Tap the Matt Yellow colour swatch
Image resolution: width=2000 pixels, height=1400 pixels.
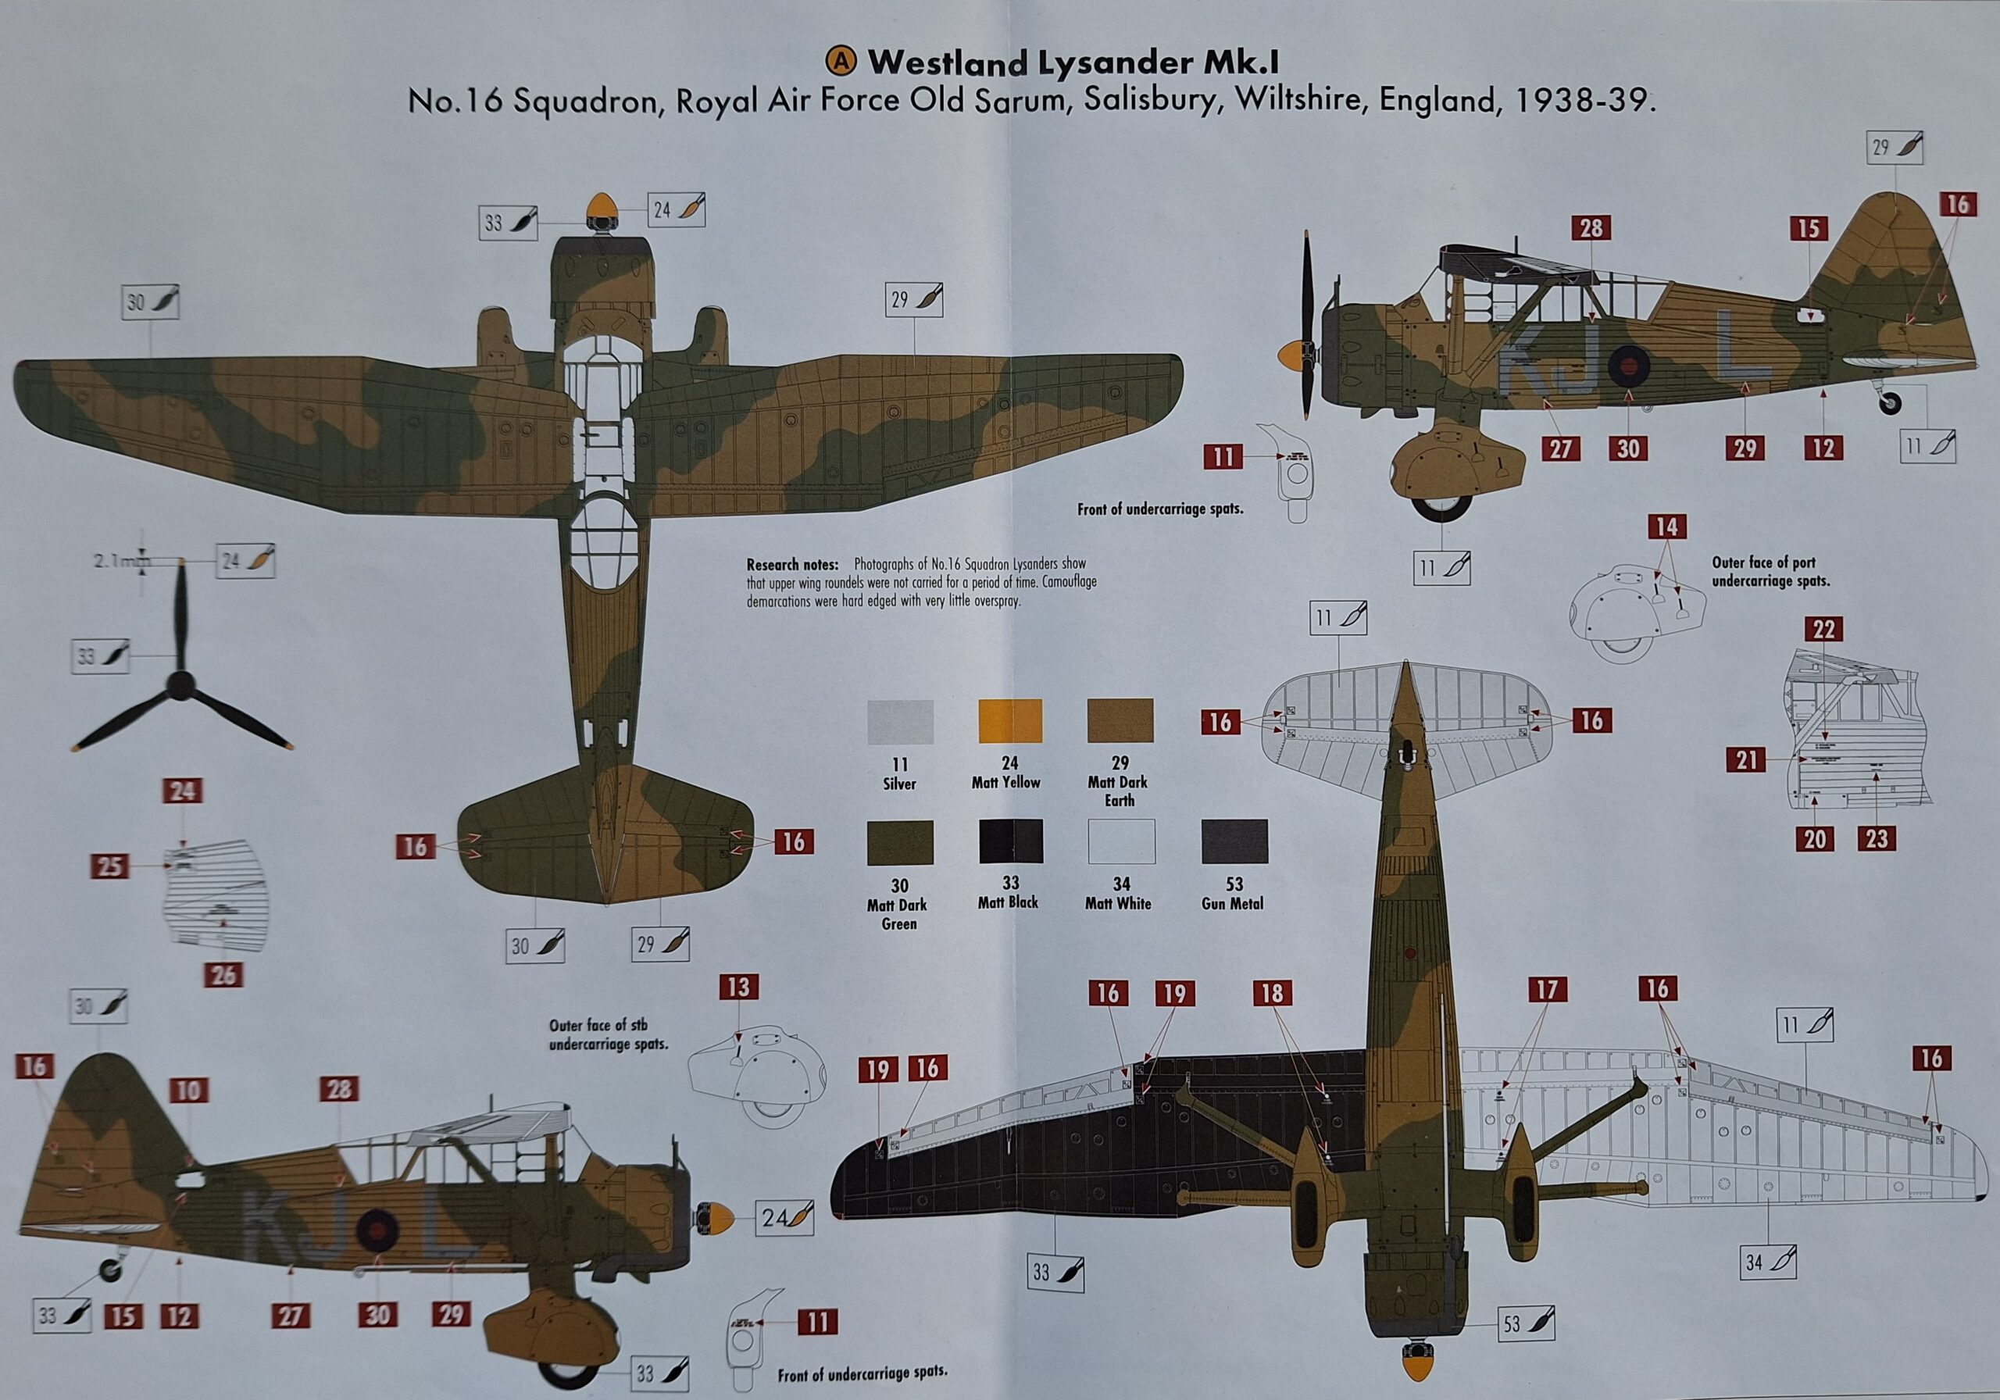1010,720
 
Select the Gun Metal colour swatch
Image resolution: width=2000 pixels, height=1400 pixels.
1234,841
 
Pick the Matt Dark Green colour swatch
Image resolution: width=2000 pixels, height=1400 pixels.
900,842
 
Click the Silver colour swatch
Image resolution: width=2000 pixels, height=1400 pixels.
900,722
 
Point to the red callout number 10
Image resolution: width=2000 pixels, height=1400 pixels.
189,1091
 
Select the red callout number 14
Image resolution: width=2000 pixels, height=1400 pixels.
1666,527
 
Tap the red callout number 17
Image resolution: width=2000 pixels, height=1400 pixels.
1546,990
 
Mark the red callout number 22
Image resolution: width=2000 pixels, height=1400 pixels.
1823,629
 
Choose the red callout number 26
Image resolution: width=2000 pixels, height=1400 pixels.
224,974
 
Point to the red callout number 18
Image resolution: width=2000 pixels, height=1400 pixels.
1273,993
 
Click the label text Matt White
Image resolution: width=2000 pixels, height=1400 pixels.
1118,903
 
